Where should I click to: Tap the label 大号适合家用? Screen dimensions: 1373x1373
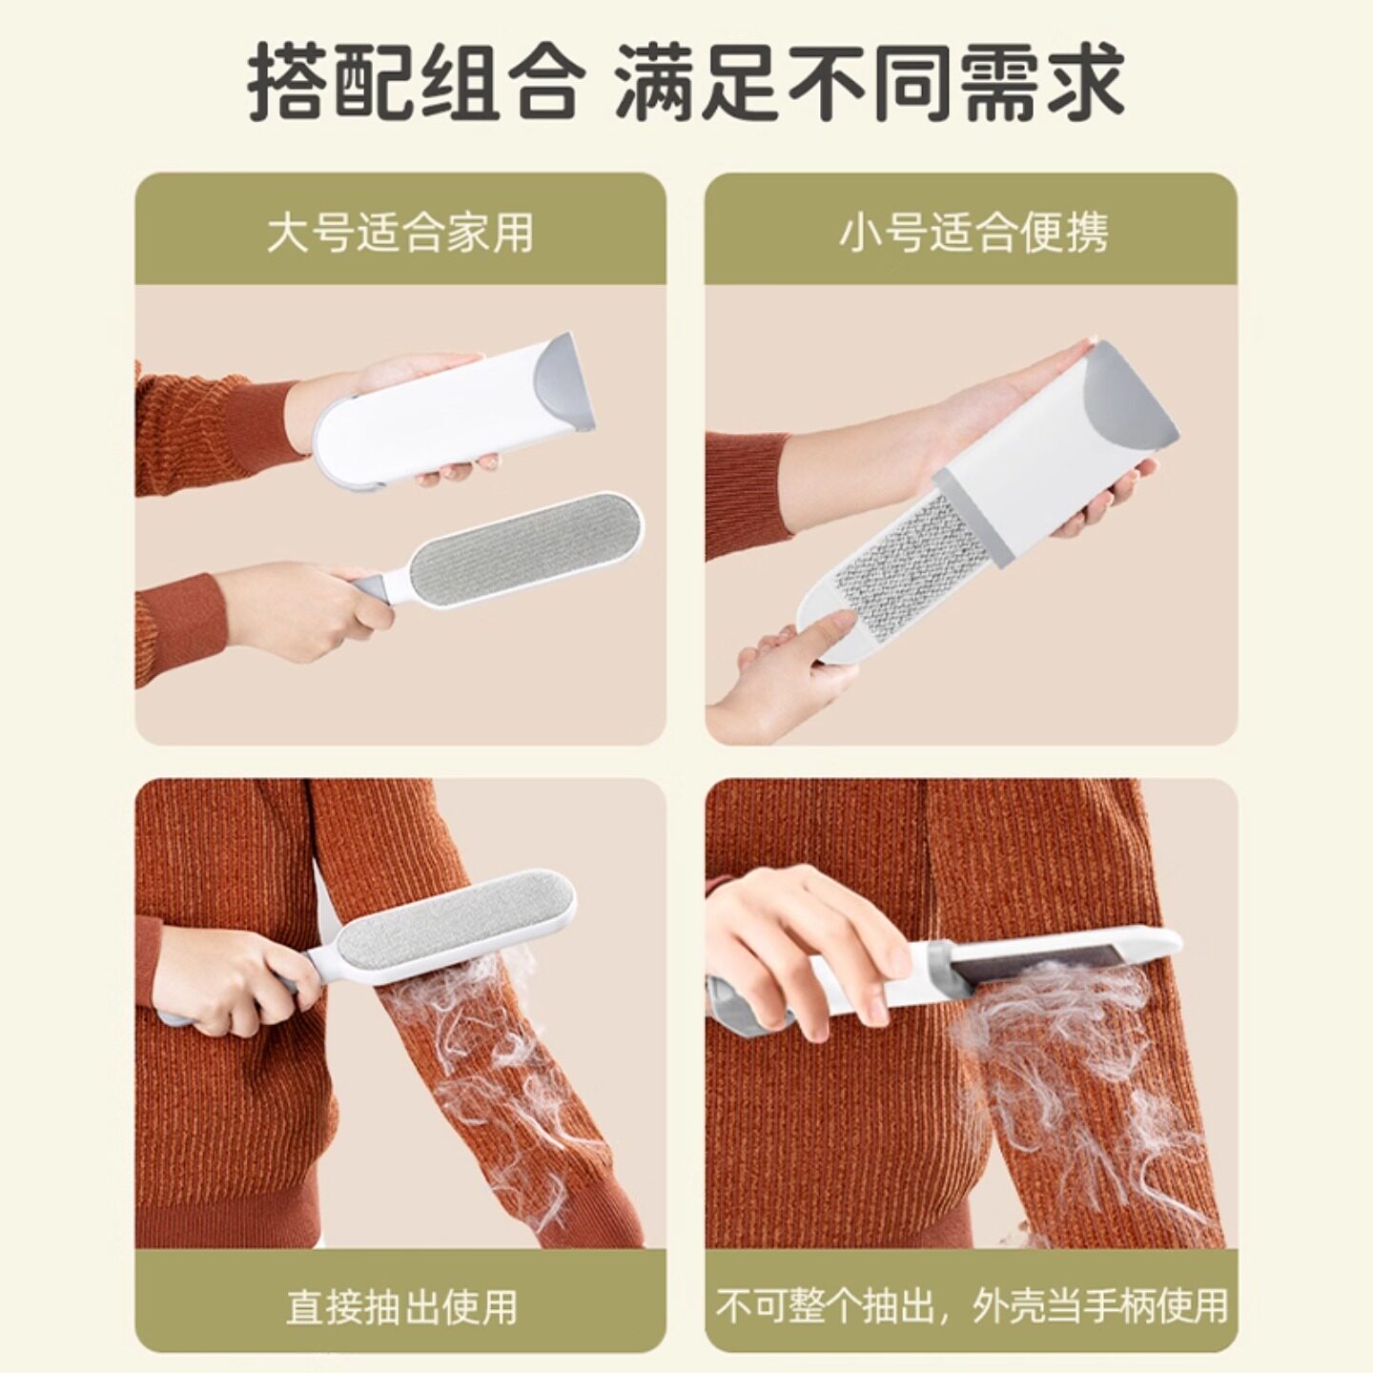click(x=400, y=233)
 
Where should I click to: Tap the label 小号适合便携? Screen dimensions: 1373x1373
click(x=973, y=233)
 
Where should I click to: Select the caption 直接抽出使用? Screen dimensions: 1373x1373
click(x=400, y=1306)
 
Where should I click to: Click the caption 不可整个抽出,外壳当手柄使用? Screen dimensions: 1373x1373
click(x=972, y=1306)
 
